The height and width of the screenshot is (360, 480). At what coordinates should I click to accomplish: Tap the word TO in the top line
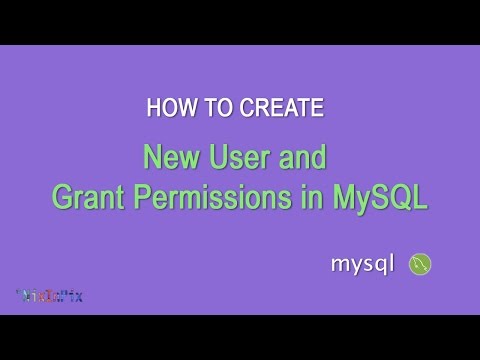pyautogui.click(x=213, y=106)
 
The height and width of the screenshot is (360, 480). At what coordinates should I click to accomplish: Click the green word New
pyautogui.click(x=172, y=158)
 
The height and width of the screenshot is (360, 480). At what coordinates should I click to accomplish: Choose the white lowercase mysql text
pyautogui.click(x=365, y=265)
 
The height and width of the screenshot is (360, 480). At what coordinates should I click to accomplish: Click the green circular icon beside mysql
pyautogui.click(x=421, y=264)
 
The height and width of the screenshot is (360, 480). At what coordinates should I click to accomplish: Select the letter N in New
pyautogui.click(x=153, y=158)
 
